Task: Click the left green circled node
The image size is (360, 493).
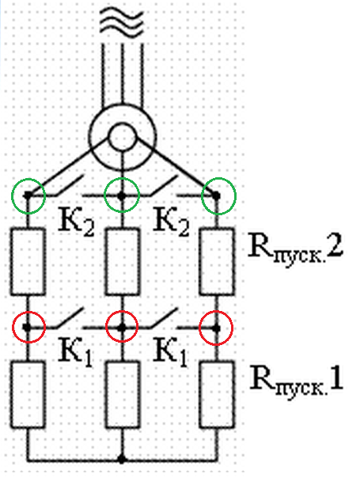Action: [28, 195]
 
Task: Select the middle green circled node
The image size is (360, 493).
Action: [122, 195]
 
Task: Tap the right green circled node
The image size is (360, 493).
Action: [216, 195]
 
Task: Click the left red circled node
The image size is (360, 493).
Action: [28, 328]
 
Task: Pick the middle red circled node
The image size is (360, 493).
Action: [122, 328]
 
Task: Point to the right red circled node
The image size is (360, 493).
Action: [216, 328]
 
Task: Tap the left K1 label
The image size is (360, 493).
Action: [76, 352]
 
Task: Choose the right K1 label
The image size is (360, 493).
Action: [170, 352]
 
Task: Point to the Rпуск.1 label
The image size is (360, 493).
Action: [296, 381]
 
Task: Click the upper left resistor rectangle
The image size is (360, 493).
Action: [28, 262]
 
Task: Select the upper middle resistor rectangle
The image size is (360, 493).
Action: [122, 262]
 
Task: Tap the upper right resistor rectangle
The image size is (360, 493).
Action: [217, 262]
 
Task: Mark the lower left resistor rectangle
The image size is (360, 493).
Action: [28, 395]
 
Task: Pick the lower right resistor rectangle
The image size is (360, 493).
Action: [217, 395]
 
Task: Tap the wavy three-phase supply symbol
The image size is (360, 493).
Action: [121, 22]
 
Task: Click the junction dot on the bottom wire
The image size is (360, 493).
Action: [122, 460]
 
